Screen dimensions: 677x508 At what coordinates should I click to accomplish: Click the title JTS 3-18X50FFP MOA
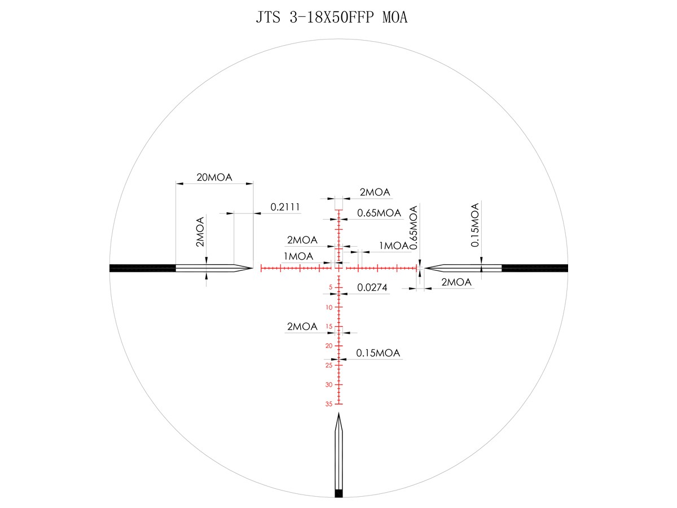pos(332,17)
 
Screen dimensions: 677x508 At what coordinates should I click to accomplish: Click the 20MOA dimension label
pos(214,177)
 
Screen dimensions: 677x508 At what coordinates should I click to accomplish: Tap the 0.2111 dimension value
pos(285,207)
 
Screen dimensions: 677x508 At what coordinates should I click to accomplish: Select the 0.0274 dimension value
pos(372,287)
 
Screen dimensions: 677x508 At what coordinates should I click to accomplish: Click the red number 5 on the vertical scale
pos(331,287)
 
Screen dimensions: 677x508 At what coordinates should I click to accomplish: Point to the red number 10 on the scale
pos(329,307)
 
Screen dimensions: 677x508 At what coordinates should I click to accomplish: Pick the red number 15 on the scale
pos(329,326)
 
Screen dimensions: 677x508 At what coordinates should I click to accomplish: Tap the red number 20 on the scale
pos(329,346)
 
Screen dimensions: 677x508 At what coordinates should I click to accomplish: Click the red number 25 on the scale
pos(329,365)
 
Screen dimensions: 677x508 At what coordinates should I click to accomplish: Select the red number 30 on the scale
pos(329,384)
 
